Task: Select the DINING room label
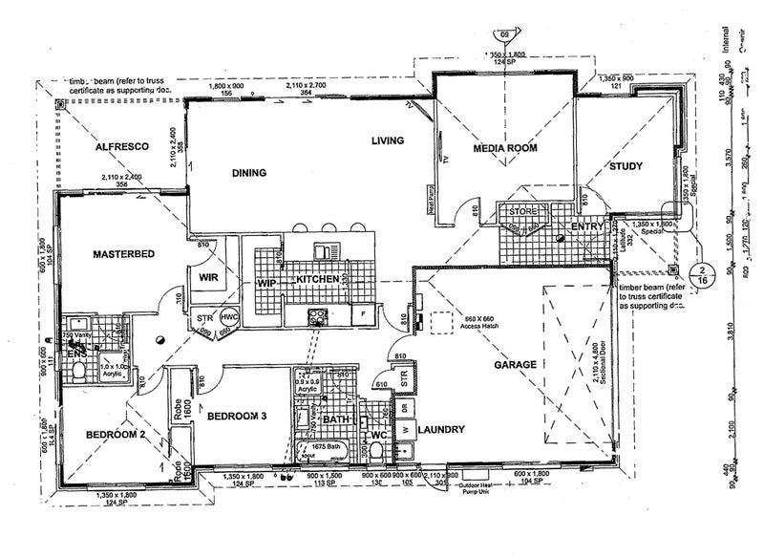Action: (247, 173)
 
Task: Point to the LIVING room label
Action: (388, 141)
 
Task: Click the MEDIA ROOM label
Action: (505, 148)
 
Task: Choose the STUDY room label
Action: (626, 166)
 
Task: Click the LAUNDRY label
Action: (439, 431)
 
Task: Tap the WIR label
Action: (209, 277)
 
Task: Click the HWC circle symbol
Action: (229, 318)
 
